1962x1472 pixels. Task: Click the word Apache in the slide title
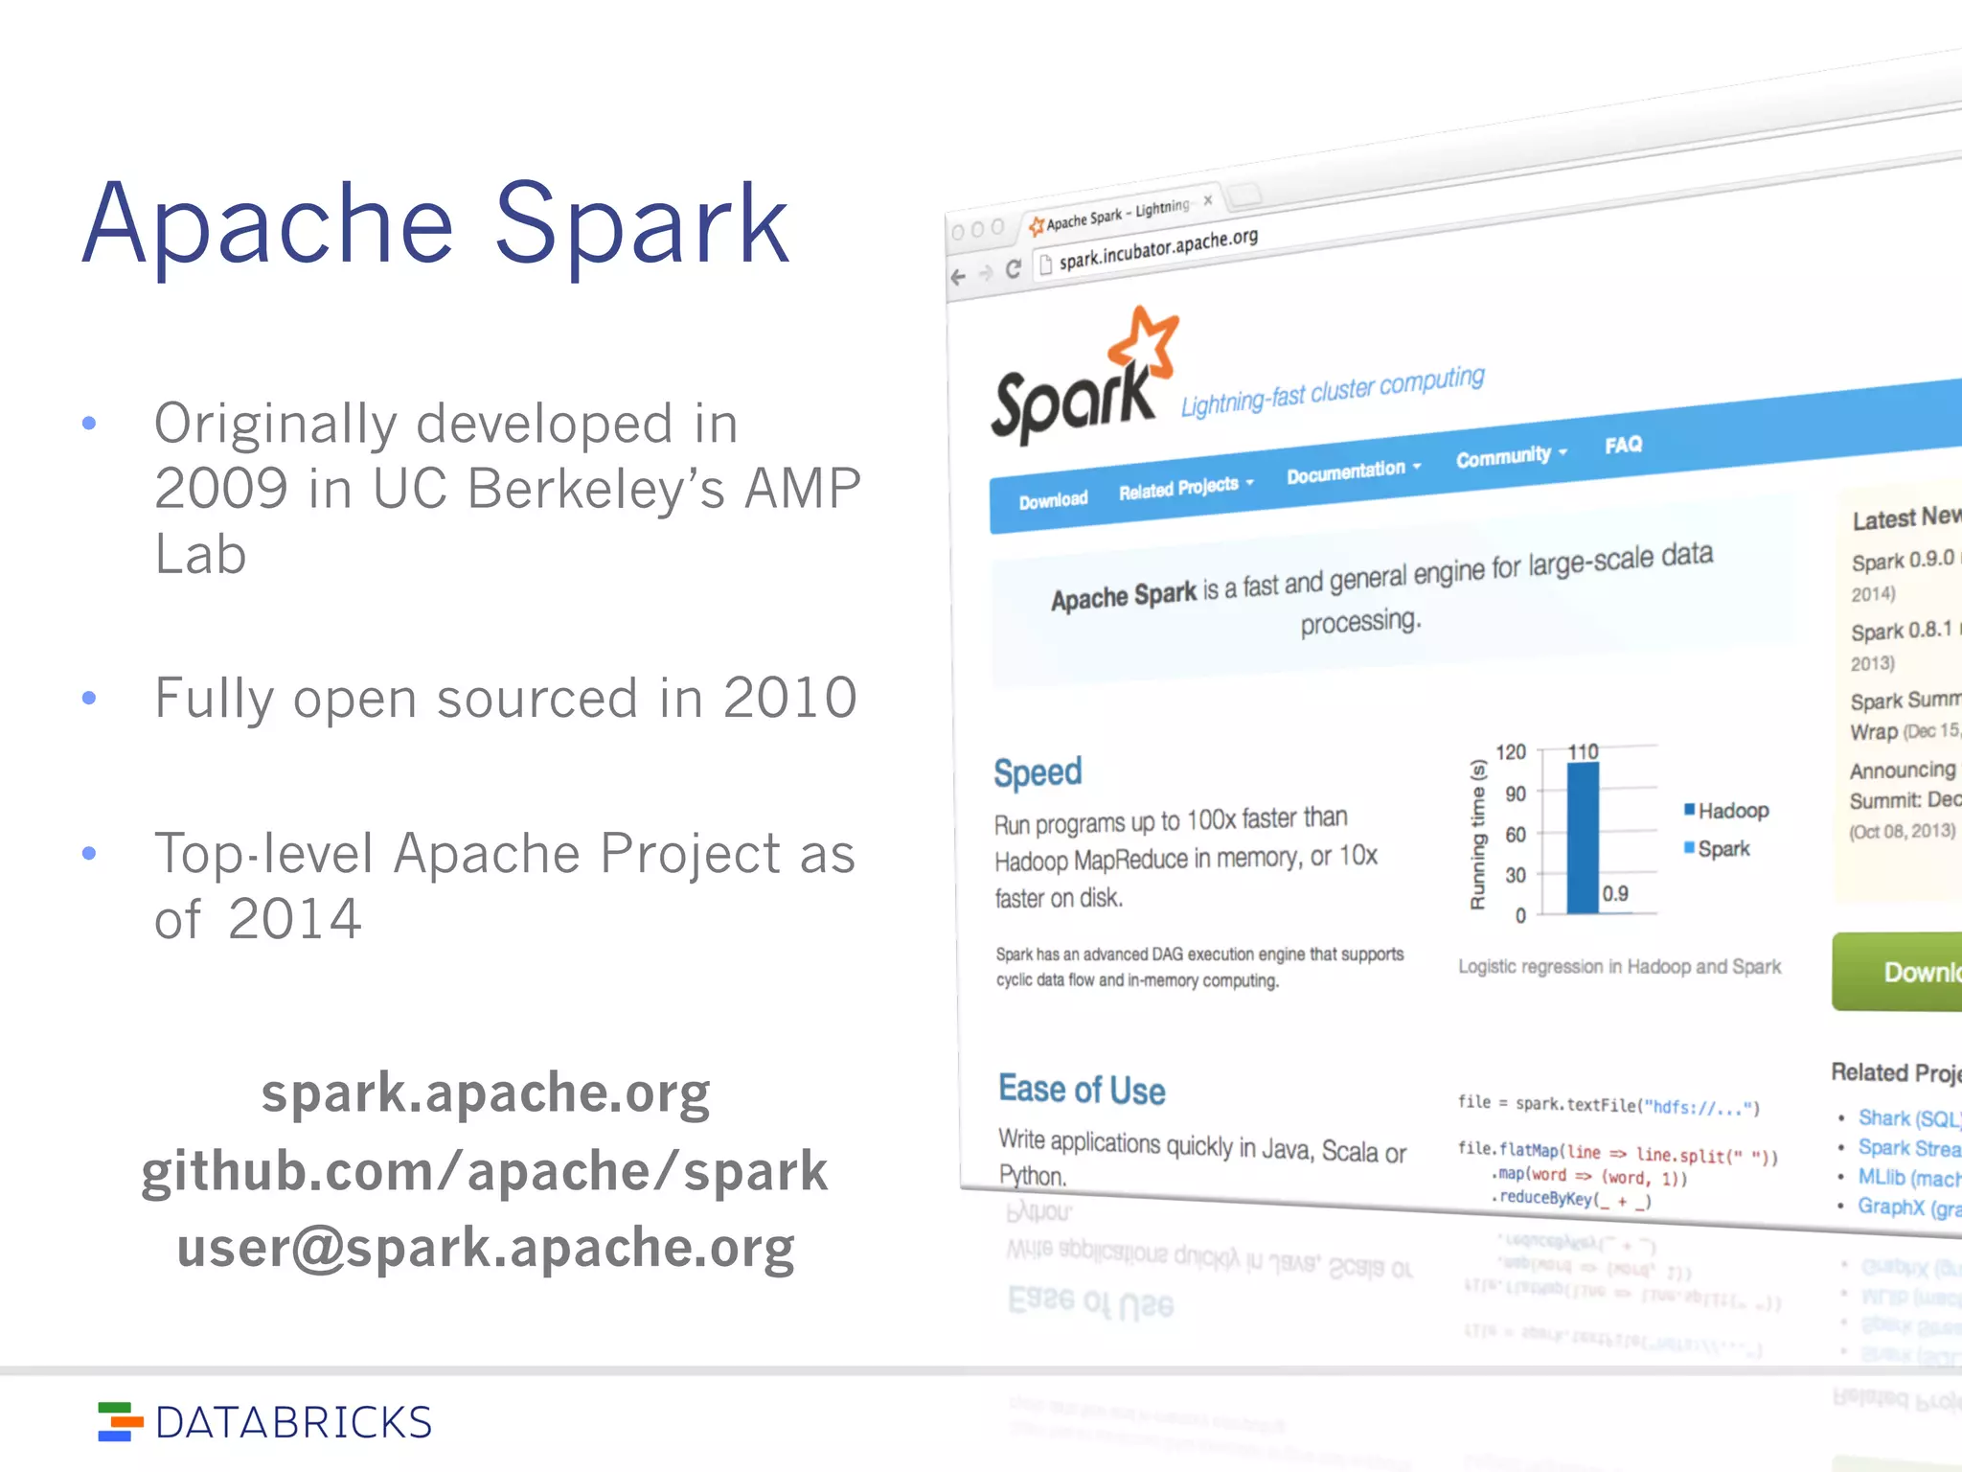tap(268, 225)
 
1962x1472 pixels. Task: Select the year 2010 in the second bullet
tap(789, 698)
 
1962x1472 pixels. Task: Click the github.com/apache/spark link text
tap(485, 1171)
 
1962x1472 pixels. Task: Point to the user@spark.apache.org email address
tap(486, 1248)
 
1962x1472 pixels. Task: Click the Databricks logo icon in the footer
tap(119, 1421)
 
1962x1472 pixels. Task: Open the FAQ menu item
tap(1623, 445)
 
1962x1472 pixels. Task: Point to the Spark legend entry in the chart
tap(1722, 849)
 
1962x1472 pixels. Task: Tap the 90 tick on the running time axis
tap(1516, 793)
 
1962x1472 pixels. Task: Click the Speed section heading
tap(1038, 772)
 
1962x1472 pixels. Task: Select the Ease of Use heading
tap(1082, 1090)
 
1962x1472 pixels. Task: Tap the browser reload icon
tap(1013, 269)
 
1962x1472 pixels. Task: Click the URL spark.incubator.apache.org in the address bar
tap(1157, 248)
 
